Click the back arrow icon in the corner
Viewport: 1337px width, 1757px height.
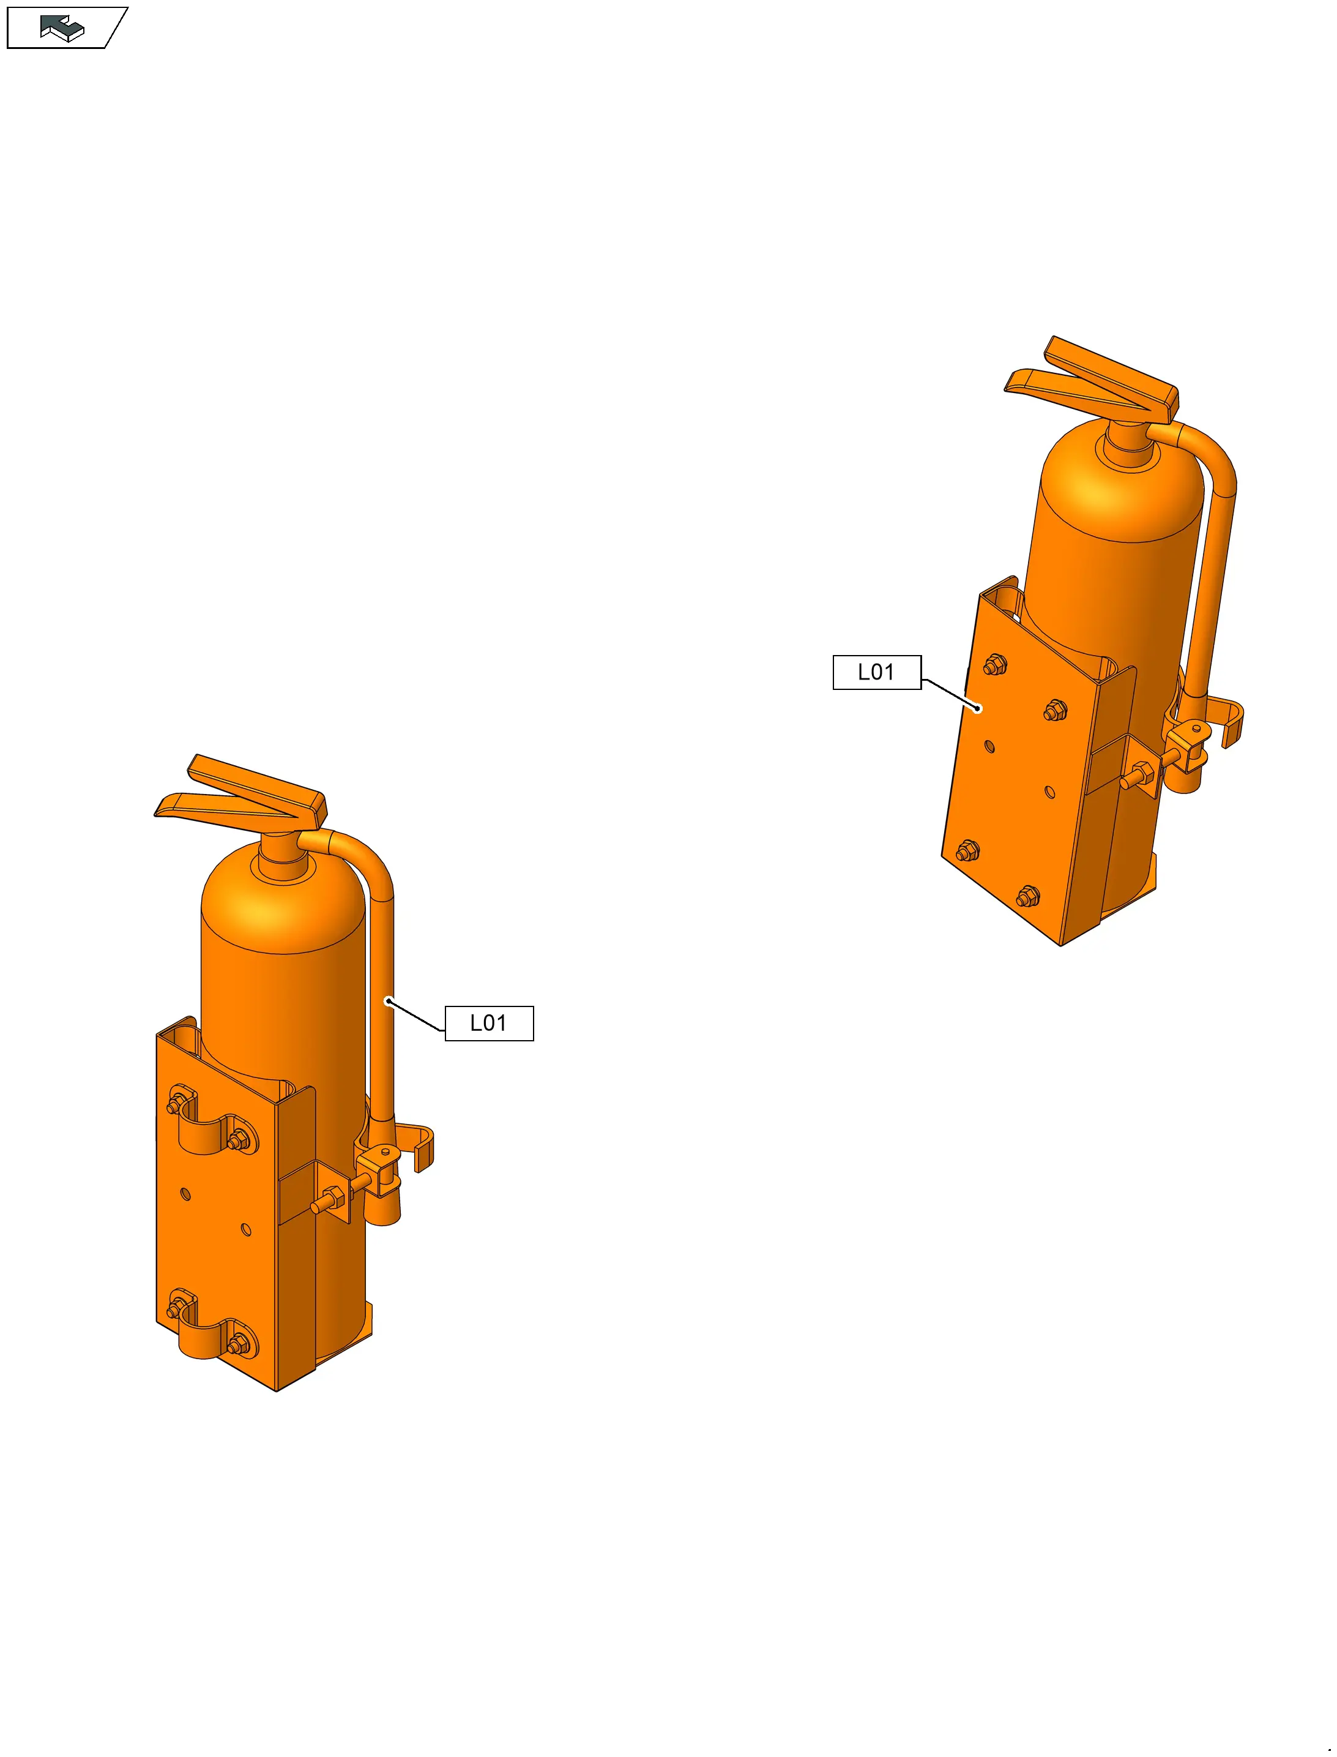62,28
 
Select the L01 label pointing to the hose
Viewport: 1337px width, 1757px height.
489,1023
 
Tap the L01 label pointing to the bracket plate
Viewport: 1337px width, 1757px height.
876,672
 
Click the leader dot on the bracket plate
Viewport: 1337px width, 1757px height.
979,708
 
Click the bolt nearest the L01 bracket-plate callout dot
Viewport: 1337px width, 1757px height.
995,665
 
